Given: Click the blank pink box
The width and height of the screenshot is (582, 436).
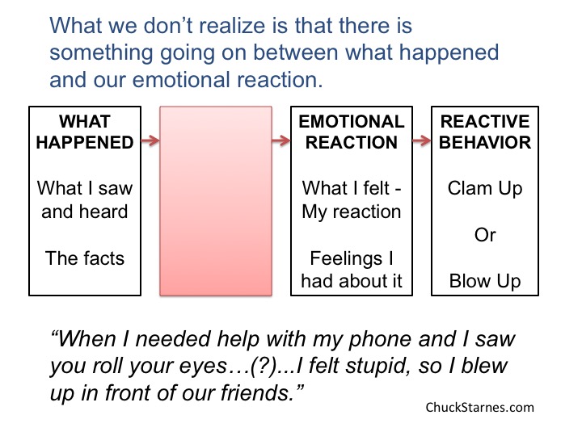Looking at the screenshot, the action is click(216, 201).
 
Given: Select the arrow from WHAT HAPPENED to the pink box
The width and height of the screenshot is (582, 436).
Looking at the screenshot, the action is click(150, 140).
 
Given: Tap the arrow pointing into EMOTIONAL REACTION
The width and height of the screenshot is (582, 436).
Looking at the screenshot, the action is click(281, 140).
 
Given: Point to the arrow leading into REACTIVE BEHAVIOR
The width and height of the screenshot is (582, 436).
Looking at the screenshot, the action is click(422, 140).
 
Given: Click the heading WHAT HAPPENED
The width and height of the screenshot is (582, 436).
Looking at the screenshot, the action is click(85, 132).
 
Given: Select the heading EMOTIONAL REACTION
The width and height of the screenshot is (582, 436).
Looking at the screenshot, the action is click(352, 132).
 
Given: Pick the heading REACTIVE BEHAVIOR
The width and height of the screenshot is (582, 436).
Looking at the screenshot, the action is click(485, 132).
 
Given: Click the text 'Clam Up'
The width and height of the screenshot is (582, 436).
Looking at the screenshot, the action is click(485, 189).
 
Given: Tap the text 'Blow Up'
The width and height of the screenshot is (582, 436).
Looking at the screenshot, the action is click(485, 282).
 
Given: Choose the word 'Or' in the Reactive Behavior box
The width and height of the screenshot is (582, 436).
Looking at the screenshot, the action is click(485, 235).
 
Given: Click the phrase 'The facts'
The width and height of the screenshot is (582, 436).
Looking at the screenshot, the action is click(85, 258).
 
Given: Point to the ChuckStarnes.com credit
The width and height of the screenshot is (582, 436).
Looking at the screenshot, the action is click(479, 408).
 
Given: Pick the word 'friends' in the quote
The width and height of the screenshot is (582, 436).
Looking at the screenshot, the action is click(255, 392).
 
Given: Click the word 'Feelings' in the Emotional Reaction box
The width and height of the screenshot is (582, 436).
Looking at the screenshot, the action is click(346, 259).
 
